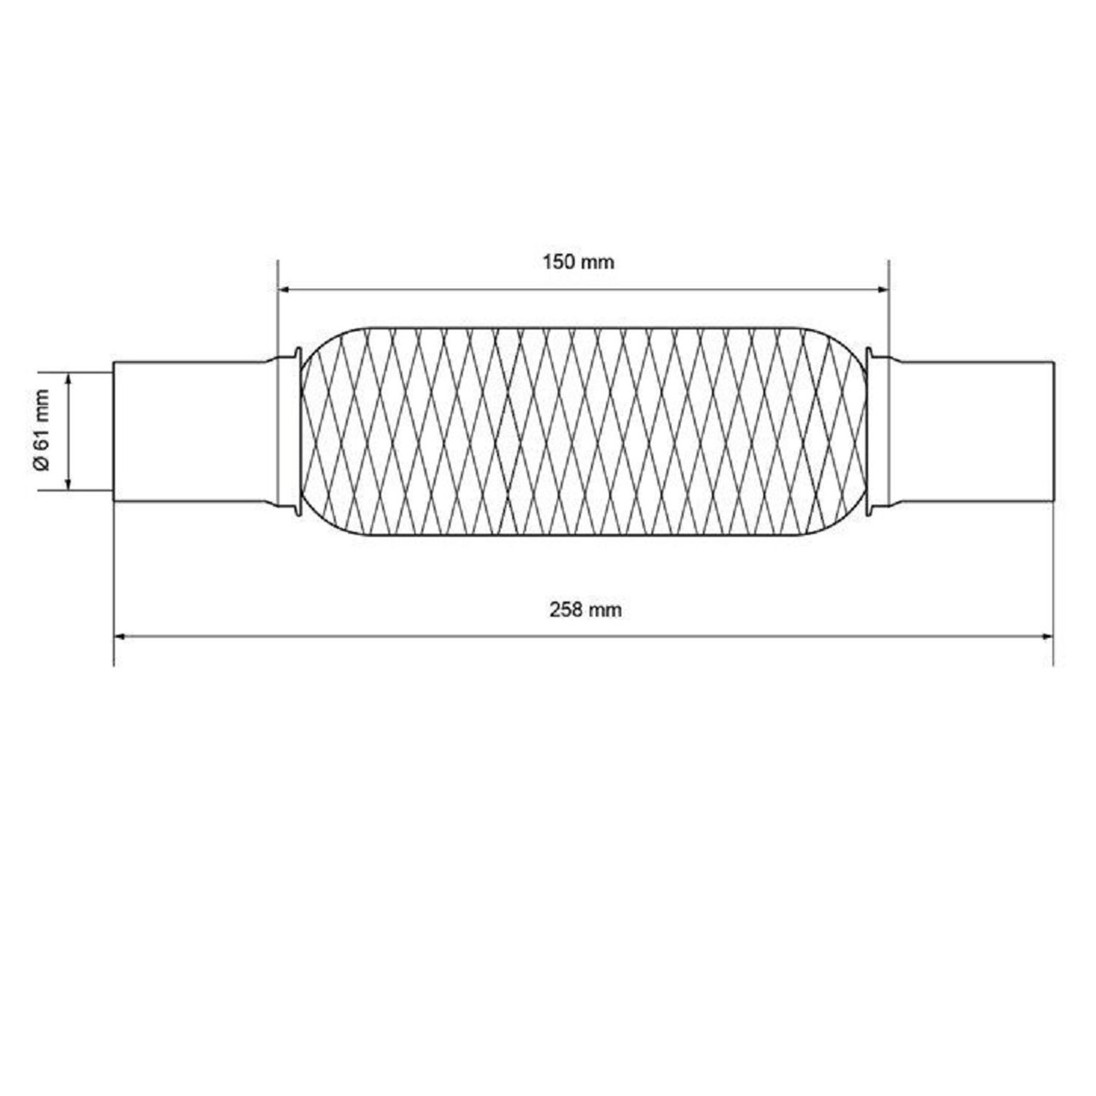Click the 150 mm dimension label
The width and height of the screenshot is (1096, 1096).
point(578,262)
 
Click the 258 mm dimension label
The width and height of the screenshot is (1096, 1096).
point(585,609)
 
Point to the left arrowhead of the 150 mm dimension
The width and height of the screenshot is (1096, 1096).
point(286,290)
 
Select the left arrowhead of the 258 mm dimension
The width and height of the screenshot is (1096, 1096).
point(122,636)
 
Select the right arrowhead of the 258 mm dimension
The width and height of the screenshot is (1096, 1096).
point(1045,636)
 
